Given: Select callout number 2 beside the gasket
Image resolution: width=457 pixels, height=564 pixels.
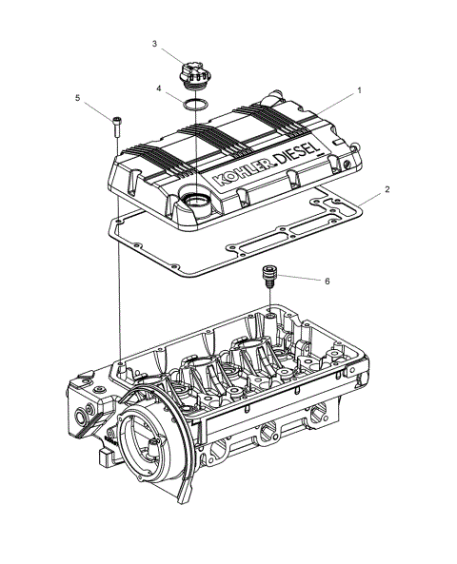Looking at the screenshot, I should (x=387, y=189).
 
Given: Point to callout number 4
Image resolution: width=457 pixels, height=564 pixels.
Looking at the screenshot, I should (x=160, y=89).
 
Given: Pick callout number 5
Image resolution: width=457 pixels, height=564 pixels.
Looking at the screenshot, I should (x=79, y=97).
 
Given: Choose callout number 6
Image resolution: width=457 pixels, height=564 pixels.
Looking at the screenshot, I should (x=327, y=282).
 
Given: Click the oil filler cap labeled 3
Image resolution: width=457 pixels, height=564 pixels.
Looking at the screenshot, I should (x=193, y=71).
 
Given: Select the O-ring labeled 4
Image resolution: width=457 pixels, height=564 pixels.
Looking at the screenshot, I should (x=194, y=103).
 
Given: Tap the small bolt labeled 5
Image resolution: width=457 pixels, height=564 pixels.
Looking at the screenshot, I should (x=116, y=124).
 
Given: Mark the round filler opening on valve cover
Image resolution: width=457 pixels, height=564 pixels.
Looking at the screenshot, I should (x=196, y=200).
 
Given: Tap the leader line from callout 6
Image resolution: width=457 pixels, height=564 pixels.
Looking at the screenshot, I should (x=300, y=280).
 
